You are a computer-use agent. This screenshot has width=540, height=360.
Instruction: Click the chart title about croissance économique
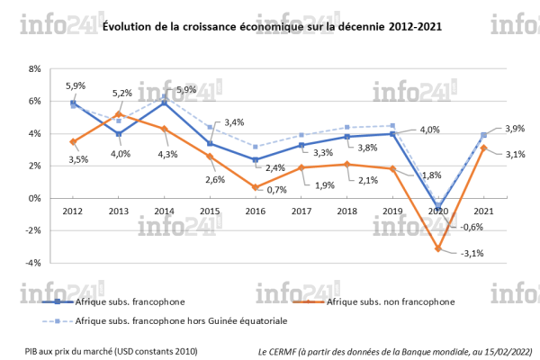click(271, 29)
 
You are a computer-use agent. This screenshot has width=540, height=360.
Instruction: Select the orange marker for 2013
click(119, 114)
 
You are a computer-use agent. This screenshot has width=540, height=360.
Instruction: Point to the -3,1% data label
click(472, 253)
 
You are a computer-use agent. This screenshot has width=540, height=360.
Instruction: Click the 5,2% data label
click(122, 93)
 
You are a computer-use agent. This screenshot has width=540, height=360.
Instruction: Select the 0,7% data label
click(277, 190)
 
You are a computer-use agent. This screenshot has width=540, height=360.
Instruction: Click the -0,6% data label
click(470, 226)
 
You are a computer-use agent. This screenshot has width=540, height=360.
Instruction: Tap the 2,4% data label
click(276, 167)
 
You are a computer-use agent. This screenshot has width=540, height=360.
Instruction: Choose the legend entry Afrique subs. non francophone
click(389, 301)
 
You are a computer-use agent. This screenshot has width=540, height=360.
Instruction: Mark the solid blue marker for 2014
click(164, 103)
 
